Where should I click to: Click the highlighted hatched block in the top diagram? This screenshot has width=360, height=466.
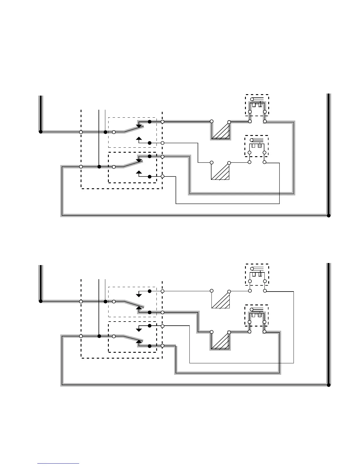click(x=220, y=131)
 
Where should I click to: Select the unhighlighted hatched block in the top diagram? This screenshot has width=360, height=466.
click(x=220, y=172)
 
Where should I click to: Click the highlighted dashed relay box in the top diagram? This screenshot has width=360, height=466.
click(x=257, y=105)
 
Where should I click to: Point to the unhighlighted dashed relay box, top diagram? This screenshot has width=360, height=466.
click(x=257, y=146)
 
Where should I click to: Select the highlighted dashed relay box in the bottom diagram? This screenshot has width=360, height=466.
click(x=257, y=315)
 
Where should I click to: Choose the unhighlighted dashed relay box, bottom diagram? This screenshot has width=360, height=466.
click(x=257, y=274)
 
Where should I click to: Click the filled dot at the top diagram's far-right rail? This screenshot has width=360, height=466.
click(x=329, y=215)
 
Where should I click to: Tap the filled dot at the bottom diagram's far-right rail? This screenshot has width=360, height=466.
click(x=329, y=385)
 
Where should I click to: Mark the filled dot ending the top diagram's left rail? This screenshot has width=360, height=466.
click(x=41, y=132)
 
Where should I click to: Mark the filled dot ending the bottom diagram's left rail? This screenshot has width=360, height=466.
click(x=41, y=301)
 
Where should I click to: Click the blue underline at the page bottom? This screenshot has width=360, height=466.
click(x=58, y=464)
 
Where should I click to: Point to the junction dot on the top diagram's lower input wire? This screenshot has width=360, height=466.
click(x=99, y=167)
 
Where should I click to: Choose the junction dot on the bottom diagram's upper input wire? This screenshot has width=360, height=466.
click(x=105, y=301)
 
